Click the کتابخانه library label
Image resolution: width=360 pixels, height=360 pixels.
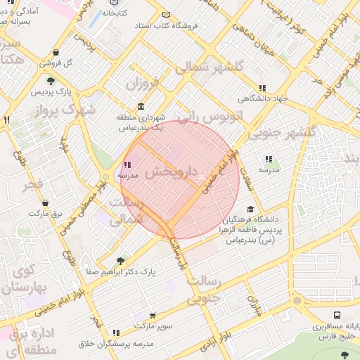(115, 13)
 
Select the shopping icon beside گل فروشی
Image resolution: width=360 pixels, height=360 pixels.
(56, 52)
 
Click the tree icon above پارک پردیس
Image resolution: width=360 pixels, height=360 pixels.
(50, 81)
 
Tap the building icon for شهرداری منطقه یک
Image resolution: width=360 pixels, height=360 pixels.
(141, 107)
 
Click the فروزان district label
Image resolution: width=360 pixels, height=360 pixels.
(143, 86)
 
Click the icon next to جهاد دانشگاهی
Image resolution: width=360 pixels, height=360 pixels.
(262, 88)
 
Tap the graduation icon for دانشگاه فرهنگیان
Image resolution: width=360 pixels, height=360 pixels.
(250, 209)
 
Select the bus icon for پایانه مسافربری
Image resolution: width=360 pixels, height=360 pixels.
(337, 316)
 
